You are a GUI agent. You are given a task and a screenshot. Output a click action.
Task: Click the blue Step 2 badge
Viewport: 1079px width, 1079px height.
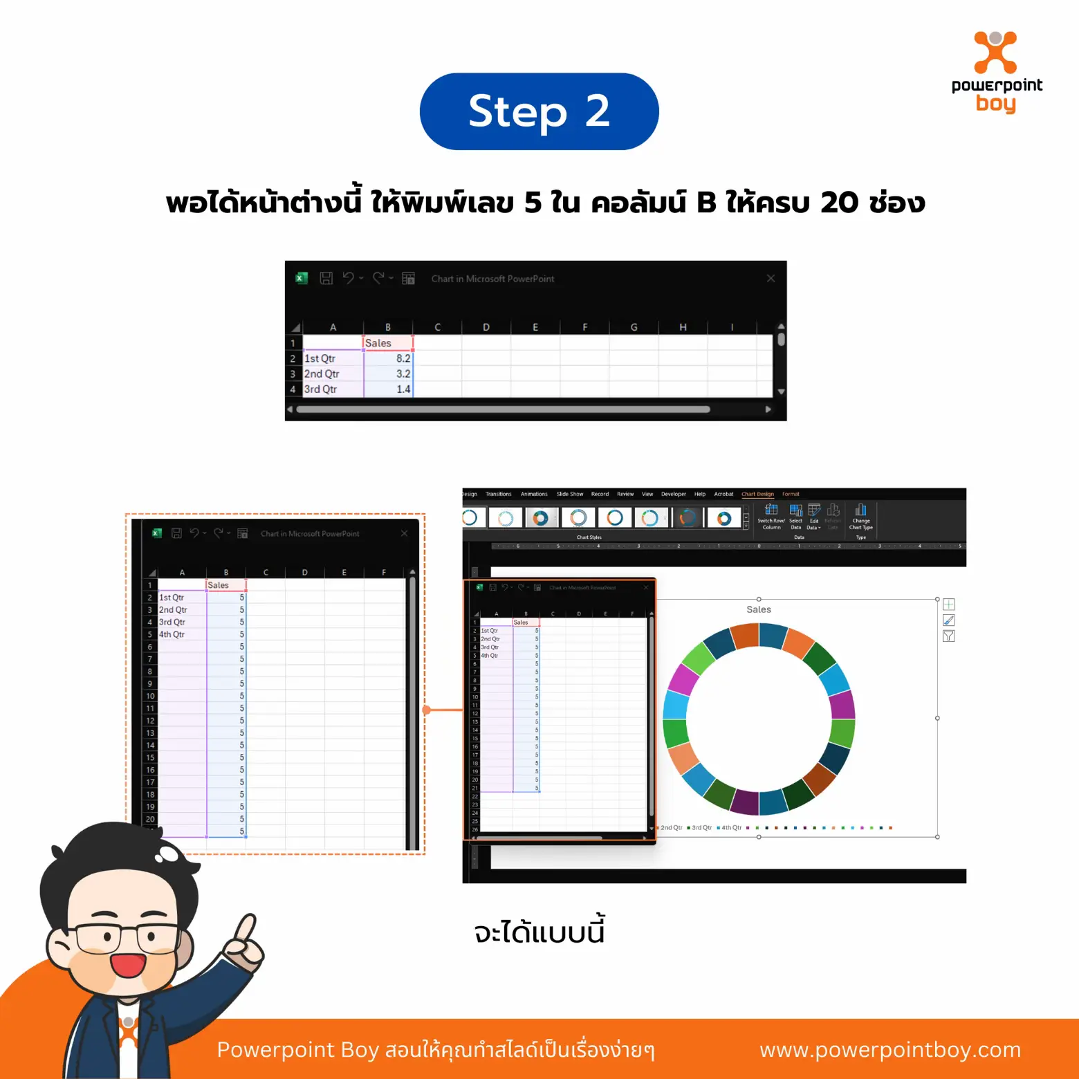tap(539, 111)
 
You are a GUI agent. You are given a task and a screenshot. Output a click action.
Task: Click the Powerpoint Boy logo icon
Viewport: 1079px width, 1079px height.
tap(995, 52)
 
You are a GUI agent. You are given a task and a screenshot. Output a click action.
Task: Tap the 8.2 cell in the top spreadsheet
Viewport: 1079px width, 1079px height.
tap(389, 358)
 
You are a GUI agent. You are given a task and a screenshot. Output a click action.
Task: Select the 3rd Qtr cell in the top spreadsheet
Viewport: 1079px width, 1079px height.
tap(333, 389)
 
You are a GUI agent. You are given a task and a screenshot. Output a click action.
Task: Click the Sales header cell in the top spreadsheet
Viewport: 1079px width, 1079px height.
tap(388, 343)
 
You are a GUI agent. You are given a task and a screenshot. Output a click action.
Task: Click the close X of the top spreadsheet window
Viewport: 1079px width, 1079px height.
tap(771, 279)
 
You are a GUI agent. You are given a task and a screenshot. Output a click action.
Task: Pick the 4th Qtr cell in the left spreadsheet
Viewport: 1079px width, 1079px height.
tap(181, 634)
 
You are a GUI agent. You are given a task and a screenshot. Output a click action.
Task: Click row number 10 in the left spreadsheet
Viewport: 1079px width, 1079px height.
tap(150, 696)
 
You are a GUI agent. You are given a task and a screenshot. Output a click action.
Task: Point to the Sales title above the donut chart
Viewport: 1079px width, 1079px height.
tap(758, 609)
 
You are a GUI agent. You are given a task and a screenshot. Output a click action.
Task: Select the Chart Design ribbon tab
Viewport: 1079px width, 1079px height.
tap(757, 494)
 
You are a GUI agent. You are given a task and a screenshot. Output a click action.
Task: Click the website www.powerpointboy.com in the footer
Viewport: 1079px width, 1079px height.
tap(889, 1050)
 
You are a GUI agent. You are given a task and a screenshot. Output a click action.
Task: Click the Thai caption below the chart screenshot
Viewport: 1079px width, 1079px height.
tap(539, 932)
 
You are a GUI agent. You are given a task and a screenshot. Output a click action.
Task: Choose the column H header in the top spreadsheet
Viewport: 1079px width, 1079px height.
tap(683, 327)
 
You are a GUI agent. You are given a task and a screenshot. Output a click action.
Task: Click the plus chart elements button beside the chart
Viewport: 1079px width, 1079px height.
tap(948, 605)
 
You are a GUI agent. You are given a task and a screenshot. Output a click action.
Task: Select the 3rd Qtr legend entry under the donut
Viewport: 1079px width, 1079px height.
tap(701, 827)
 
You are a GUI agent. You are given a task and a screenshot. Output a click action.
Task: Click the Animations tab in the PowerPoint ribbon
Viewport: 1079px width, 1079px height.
tap(533, 494)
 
